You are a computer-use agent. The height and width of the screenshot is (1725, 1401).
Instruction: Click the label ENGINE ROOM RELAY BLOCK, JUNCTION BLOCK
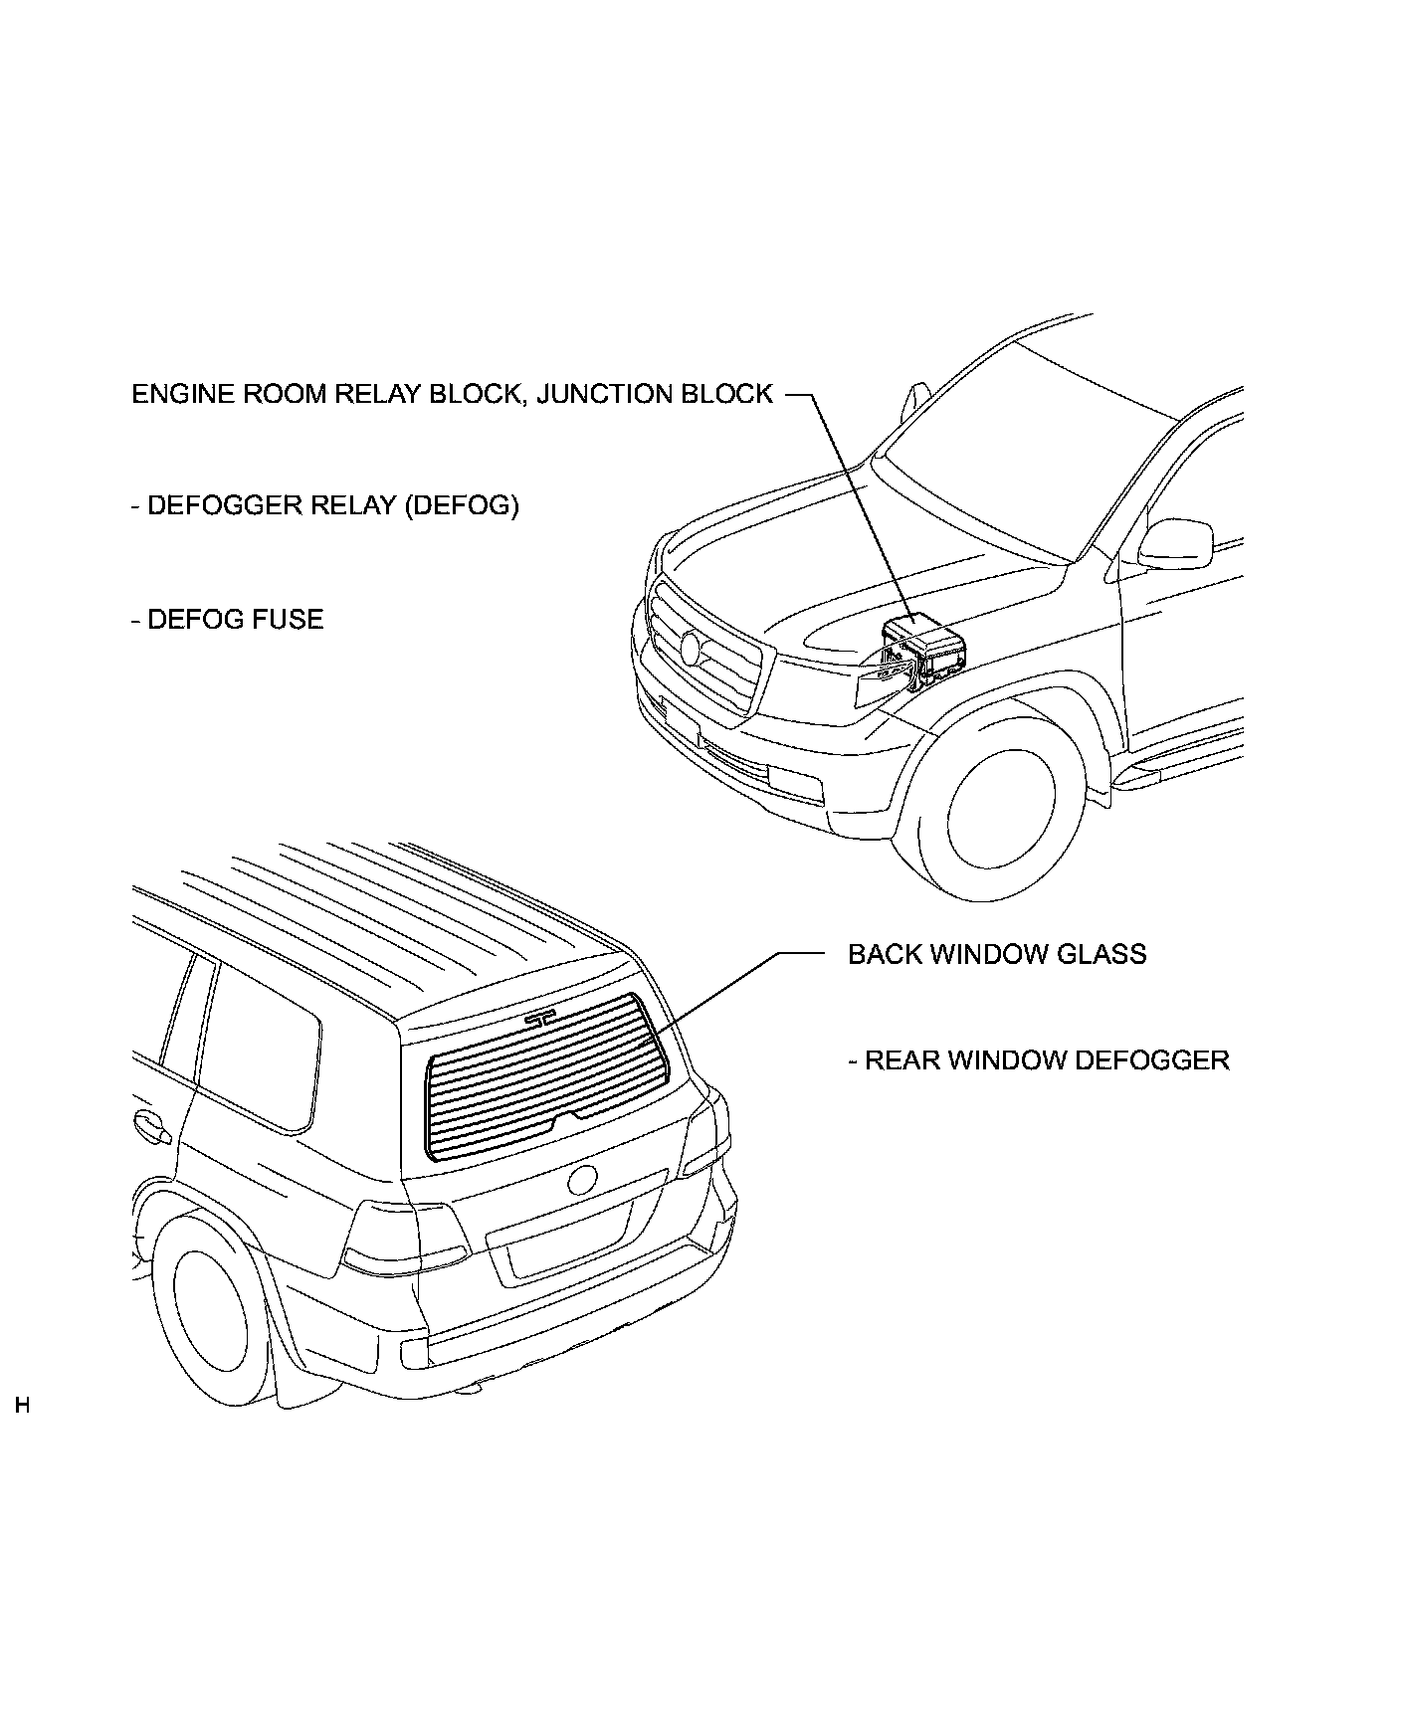(x=452, y=394)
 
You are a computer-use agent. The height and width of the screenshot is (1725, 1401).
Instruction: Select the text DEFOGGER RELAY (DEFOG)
(x=325, y=505)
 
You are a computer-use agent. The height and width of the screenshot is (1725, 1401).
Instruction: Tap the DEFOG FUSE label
(x=228, y=620)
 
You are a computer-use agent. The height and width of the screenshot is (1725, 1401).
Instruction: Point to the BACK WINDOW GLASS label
(x=997, y=954)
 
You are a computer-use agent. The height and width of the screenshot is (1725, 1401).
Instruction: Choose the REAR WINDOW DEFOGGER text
(x=1040, y=1060)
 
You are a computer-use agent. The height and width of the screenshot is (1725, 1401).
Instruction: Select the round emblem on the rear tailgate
(x=582, y=1180)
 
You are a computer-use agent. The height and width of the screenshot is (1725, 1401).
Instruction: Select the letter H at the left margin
(x=22, y=1406)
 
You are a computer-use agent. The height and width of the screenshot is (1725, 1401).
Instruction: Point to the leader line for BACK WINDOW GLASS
(x=736, y=985)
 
